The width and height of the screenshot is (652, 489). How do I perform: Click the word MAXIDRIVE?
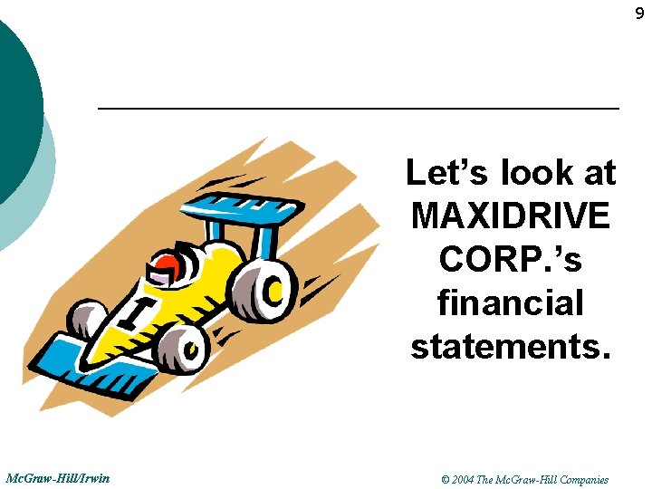tap(510, 216)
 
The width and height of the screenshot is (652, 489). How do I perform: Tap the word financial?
tap(510, 302)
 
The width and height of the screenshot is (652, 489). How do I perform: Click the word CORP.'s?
tap(510, 259)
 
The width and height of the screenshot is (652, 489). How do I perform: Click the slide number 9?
tap(639, 14)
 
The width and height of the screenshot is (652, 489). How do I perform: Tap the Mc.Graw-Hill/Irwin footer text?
tap(58, 477)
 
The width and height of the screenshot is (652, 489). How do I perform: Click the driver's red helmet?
tap(168, 265)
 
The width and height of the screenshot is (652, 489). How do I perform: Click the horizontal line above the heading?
tap(358, 109)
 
